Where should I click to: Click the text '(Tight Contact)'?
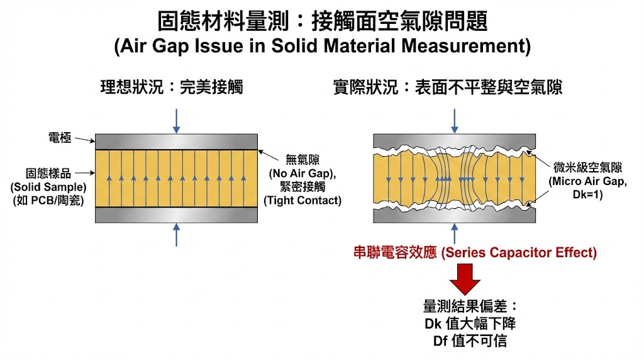click(303, 201)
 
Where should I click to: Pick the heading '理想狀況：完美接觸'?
click(171, 87)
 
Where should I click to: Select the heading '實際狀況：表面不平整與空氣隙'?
click(447, 87)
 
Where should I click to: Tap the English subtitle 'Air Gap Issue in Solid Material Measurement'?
click(322, 46)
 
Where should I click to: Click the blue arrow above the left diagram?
click(176, 120)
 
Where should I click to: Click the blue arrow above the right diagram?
click(454, 120)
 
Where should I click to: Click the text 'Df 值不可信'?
click(466, 342)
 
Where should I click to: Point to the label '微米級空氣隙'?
click(587, 167)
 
